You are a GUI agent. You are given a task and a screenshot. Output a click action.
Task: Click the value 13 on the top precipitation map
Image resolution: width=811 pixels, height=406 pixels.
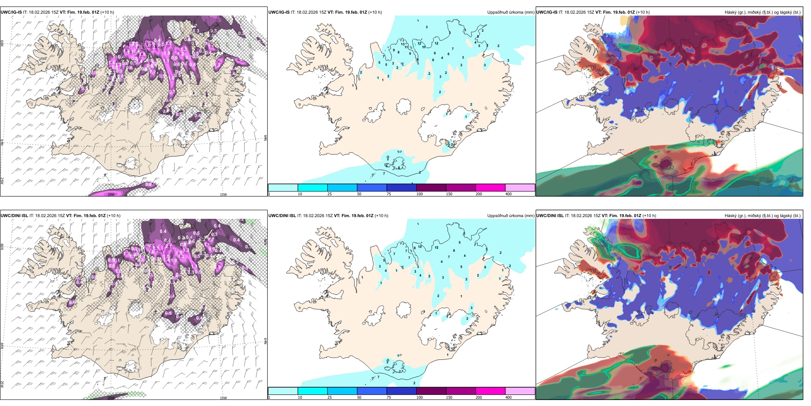403,44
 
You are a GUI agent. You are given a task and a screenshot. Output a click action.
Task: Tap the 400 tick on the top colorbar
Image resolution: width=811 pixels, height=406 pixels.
508,194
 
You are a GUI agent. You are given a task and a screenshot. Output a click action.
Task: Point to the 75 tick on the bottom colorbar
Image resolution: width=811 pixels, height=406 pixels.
389,397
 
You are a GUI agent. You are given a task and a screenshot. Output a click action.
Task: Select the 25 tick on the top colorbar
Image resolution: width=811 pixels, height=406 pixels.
330,194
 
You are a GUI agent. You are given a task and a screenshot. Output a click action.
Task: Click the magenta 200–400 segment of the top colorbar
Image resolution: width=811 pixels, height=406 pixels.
490,188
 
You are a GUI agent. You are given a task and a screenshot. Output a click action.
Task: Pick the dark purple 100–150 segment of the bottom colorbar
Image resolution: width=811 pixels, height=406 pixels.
431,391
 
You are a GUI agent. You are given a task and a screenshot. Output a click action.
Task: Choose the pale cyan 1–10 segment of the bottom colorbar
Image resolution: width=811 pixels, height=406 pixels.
283,391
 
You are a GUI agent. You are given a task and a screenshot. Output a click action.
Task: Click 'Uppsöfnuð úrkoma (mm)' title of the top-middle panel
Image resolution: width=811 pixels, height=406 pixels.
511,12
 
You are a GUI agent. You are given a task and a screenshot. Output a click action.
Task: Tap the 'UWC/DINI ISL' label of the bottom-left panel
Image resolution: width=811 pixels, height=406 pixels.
15,216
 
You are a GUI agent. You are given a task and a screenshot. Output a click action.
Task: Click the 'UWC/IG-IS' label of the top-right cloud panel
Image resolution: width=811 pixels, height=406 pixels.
547,12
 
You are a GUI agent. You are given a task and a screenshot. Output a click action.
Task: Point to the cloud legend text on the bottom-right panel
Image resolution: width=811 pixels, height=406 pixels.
762,216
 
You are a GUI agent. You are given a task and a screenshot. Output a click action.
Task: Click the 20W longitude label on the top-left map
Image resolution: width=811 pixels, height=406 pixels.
111,194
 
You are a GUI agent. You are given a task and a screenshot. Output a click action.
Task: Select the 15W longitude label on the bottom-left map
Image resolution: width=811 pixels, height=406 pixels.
223,398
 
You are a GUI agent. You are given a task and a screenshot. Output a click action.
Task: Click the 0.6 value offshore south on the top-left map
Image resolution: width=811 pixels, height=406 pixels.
148,185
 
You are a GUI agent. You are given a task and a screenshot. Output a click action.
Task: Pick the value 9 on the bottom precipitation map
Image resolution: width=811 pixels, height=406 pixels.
485,267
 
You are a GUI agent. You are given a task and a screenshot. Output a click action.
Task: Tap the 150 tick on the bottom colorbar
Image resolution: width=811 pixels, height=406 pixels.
449,397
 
